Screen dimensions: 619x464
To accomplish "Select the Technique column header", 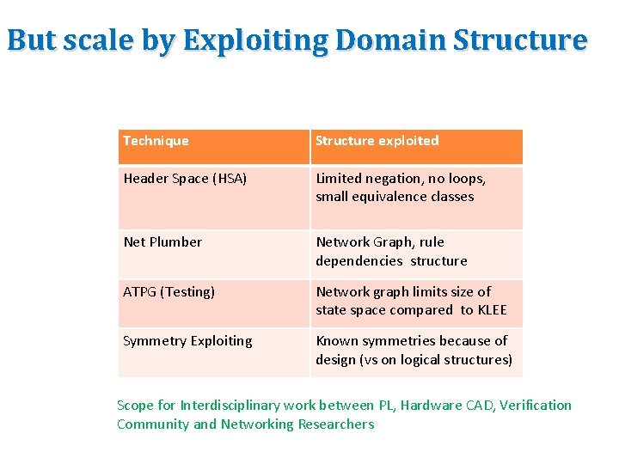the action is [156, 141].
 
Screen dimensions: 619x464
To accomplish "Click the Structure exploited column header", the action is [377, 141].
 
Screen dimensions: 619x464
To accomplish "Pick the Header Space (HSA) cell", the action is [185, 179].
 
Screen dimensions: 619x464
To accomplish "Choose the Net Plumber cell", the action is [162, 242].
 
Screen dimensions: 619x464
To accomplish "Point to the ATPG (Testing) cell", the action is [169, 292].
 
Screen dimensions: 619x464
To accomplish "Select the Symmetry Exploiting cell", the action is [187, 341].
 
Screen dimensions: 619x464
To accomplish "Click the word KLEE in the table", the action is [493, 310].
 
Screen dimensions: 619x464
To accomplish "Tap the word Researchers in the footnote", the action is [336, 424].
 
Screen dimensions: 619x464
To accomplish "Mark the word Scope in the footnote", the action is [134, 406].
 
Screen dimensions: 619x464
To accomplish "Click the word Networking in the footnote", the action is [256, 424].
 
